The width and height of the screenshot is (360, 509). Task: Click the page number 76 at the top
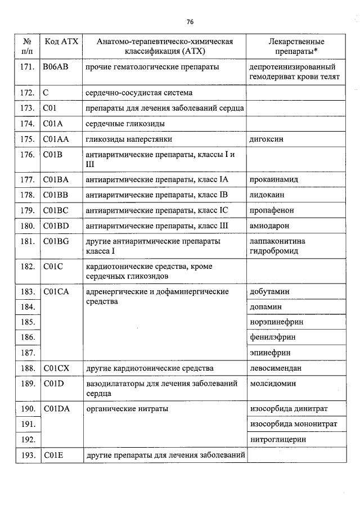190,22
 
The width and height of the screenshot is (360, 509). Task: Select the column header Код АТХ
62,42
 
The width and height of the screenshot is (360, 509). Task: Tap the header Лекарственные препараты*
296,46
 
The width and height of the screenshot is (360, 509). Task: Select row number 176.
28,154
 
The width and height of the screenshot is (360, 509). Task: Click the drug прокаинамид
273,180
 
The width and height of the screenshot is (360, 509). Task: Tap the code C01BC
55,210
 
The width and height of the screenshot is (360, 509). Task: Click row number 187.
28,353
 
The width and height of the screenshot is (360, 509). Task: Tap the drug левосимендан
275,368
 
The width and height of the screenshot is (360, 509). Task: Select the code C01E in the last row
53,454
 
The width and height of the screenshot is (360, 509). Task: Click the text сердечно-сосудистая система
138,92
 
